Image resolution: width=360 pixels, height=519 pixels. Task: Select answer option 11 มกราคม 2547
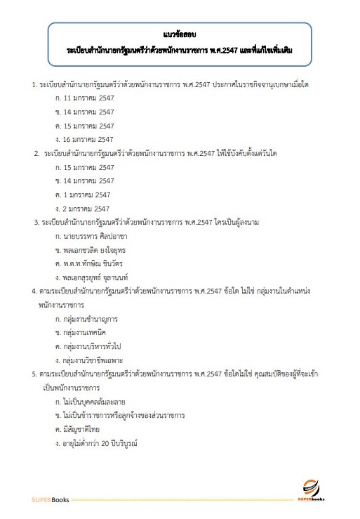pos(88,98)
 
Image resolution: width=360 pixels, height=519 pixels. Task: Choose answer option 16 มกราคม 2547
pos(88,139)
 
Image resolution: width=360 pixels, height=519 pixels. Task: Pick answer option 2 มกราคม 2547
pos(86,208)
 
